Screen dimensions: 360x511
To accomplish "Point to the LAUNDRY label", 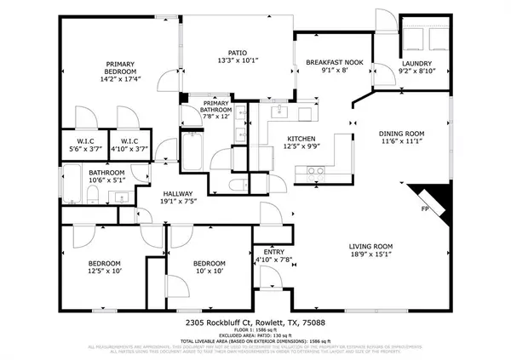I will point(417,64).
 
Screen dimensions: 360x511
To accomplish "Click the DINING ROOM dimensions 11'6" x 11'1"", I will point(400,141).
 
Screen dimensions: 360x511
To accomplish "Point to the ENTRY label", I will point(273,252).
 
